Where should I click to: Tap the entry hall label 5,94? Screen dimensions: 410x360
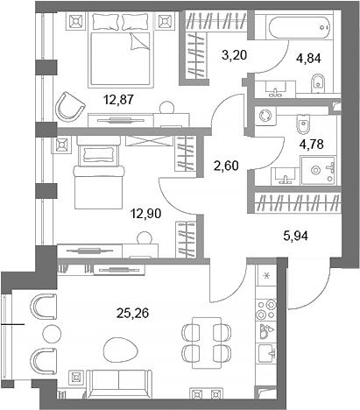tap(298, 235)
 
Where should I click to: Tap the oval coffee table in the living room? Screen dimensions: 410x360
tap(116, 351)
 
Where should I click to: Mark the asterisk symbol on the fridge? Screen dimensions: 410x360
tap(267, 278)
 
